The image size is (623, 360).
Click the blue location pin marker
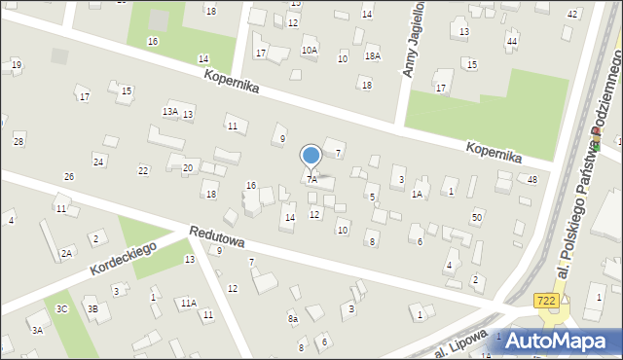(311, 156)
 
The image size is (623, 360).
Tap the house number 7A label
(311, 179)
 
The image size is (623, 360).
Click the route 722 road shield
(547, 303)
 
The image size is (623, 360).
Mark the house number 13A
(169, 112)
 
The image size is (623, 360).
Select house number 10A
(310, 50)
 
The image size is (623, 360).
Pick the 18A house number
(372, 56)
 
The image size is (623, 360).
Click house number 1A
(417, 194)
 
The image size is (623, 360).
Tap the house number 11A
(188, 303)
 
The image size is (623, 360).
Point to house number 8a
(292, 318)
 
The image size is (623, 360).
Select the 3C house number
(61, 308)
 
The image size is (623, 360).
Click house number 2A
(66, 253)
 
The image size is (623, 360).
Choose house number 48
(532, 179)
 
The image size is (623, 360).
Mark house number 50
(476, 216)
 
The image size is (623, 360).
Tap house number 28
(18, 142)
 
